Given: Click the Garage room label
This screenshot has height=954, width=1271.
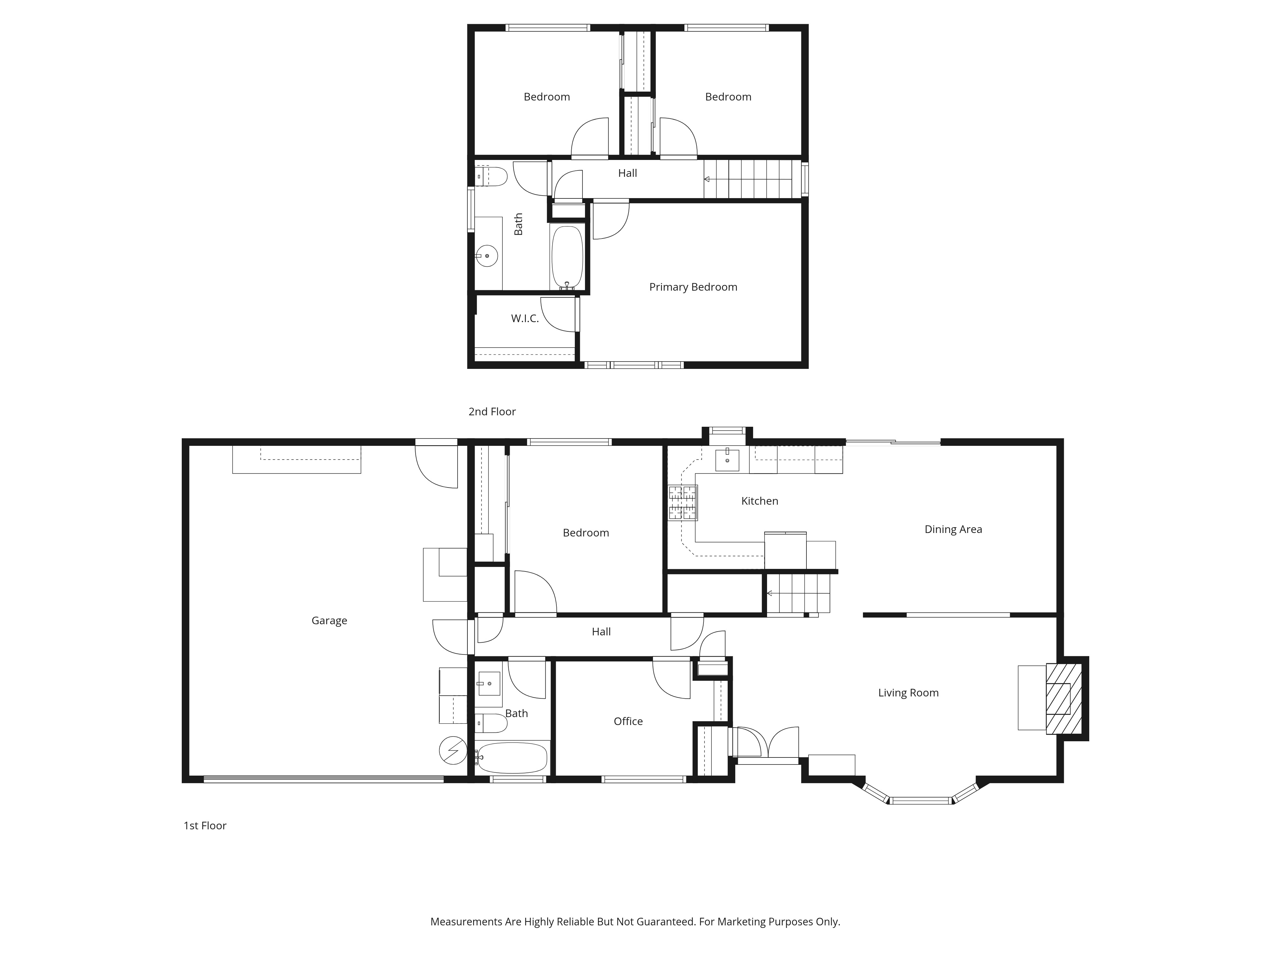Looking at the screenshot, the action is [329, 620].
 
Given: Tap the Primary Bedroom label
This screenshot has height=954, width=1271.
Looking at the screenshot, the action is [693, 287].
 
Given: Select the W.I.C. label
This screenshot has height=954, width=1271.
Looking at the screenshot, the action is [525, 319].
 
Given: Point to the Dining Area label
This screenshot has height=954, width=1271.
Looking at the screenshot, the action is [953, 529].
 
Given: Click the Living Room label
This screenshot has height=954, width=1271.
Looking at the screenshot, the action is [908, 693].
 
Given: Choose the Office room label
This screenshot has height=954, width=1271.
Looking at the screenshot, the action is [628, 721].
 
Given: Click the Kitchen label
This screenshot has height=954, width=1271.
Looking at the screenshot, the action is [760, 501].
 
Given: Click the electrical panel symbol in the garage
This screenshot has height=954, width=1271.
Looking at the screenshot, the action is [453, 750].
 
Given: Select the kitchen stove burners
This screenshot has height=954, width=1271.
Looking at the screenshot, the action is [683, 502].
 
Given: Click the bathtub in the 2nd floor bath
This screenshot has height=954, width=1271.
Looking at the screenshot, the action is [567, 257].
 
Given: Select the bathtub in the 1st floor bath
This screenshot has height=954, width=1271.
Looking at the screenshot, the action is [511, 758].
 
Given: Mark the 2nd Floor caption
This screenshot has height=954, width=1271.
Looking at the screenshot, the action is [492, 412].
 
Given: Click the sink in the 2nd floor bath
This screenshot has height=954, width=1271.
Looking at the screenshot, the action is [487, 255].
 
